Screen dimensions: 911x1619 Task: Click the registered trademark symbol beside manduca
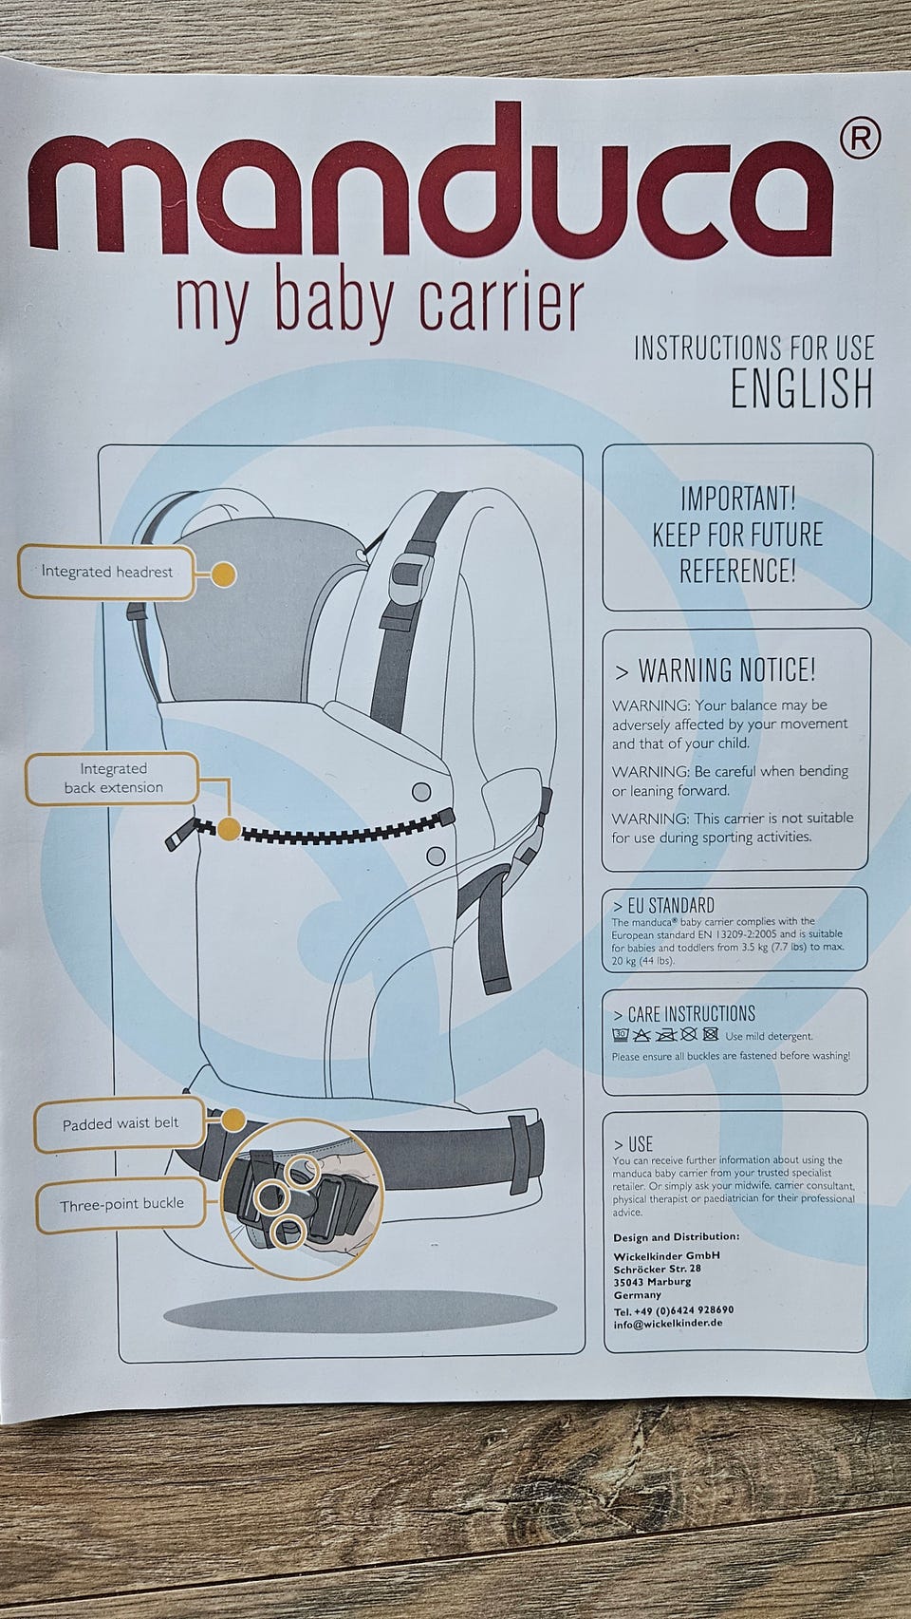click(x=860, y=138)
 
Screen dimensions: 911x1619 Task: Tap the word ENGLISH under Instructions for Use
click(x=802, y=388)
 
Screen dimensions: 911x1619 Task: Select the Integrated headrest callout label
click(x=107, y=572)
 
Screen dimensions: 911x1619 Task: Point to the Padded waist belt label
click(x=120, y=1124)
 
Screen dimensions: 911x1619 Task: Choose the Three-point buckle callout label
click(x=121, y=1205)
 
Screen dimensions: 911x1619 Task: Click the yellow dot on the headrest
click(x=224, y=574)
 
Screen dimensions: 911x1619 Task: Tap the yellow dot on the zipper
click(x=229, y=829)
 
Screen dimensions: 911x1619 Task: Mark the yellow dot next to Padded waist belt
click(x=232, y=1121)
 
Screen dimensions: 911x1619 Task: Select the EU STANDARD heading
click(x=663, y=906)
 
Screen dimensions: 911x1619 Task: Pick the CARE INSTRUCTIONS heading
click(x=683, y=1014)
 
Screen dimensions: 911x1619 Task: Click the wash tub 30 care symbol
click(x=620, y=1035)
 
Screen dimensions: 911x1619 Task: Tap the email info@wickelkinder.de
click(x=667, y=1324)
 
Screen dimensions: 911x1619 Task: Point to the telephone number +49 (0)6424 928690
click(x=674, y=1309)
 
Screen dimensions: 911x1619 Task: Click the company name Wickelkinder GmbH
click(x=666, y=1255)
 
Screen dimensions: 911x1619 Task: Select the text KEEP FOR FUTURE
click(x=737, y=535)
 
